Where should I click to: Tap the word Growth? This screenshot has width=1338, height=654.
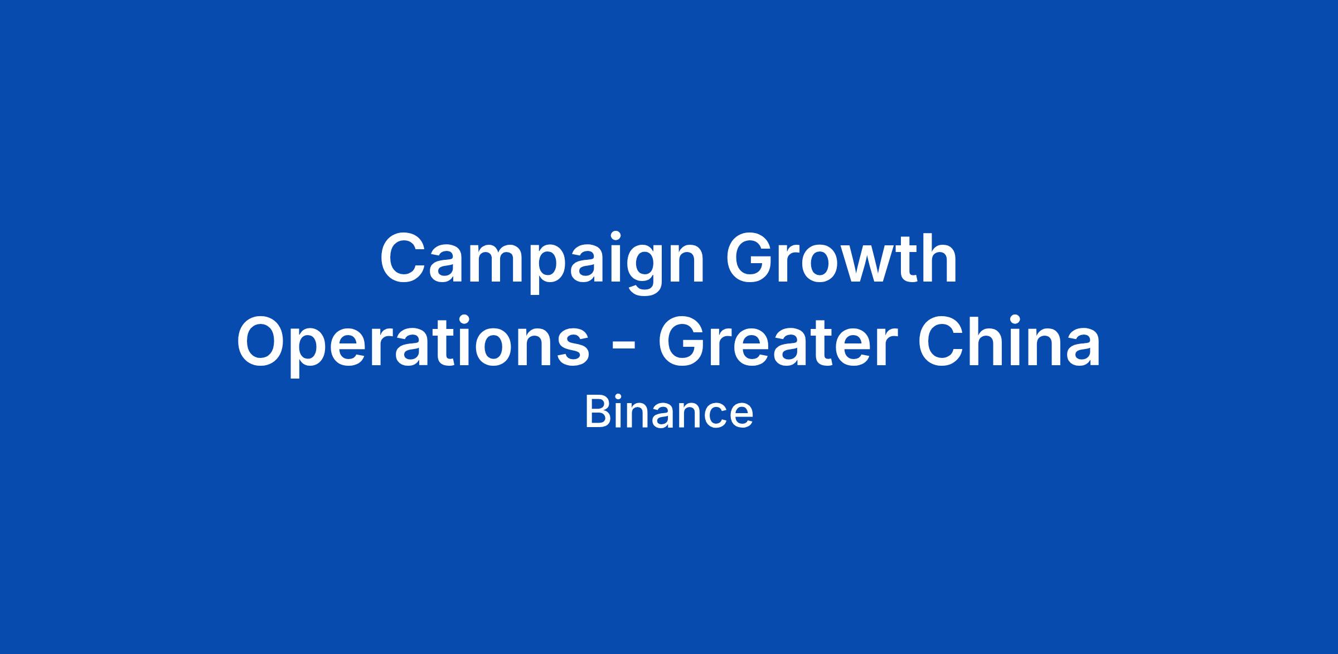coord(841,258)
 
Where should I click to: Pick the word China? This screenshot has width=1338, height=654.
coord(1009,341)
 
